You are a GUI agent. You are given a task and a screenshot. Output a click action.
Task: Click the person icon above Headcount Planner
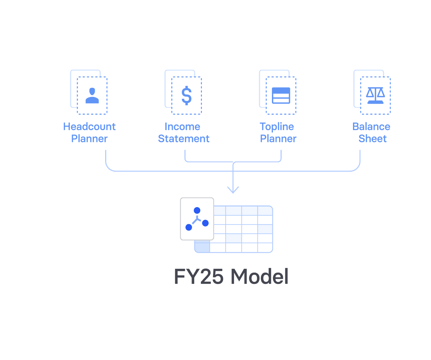[92, 96]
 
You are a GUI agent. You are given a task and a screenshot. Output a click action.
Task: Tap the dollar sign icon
[187, 96]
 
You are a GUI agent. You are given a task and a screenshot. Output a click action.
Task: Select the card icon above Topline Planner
[281, 96]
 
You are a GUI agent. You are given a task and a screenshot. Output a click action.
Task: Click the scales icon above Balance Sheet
[375, 96]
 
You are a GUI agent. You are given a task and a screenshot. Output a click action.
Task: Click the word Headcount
[89, 127]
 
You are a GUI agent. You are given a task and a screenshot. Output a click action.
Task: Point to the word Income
[183, 127]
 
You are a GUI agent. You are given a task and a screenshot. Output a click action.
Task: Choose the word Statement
[184, 139]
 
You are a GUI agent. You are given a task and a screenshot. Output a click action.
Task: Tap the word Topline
[277, 127]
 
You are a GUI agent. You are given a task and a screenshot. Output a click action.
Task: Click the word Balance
[371, 127]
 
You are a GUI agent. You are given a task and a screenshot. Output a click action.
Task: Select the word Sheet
[372, 139]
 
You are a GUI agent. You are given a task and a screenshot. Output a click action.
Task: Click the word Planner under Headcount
[89, 139]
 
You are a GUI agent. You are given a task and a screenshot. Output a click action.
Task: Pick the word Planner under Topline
[278, 139]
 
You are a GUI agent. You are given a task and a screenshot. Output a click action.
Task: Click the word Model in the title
[260, 277]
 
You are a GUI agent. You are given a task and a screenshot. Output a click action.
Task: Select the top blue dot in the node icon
[197, 211]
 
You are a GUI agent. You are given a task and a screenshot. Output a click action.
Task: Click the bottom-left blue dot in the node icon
[189, 227]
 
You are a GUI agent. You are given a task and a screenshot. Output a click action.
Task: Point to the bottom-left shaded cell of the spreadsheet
[202, 247]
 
